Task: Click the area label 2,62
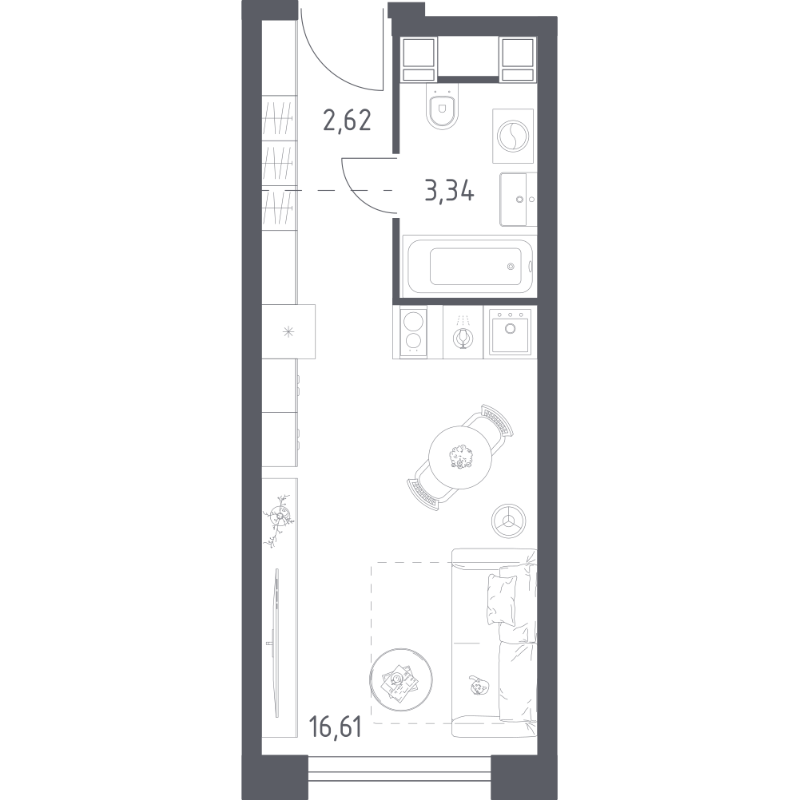point(347,121)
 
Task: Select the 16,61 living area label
point(336,727)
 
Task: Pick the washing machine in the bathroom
point(513,136)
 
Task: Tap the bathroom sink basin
point(519,199)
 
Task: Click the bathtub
point(468,266)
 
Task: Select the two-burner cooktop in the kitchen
point(413,331)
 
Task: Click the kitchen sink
point(510,331)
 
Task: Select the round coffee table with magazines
point(401,679)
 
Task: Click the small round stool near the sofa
point(508,521)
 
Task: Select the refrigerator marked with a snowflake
point(288,331)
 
